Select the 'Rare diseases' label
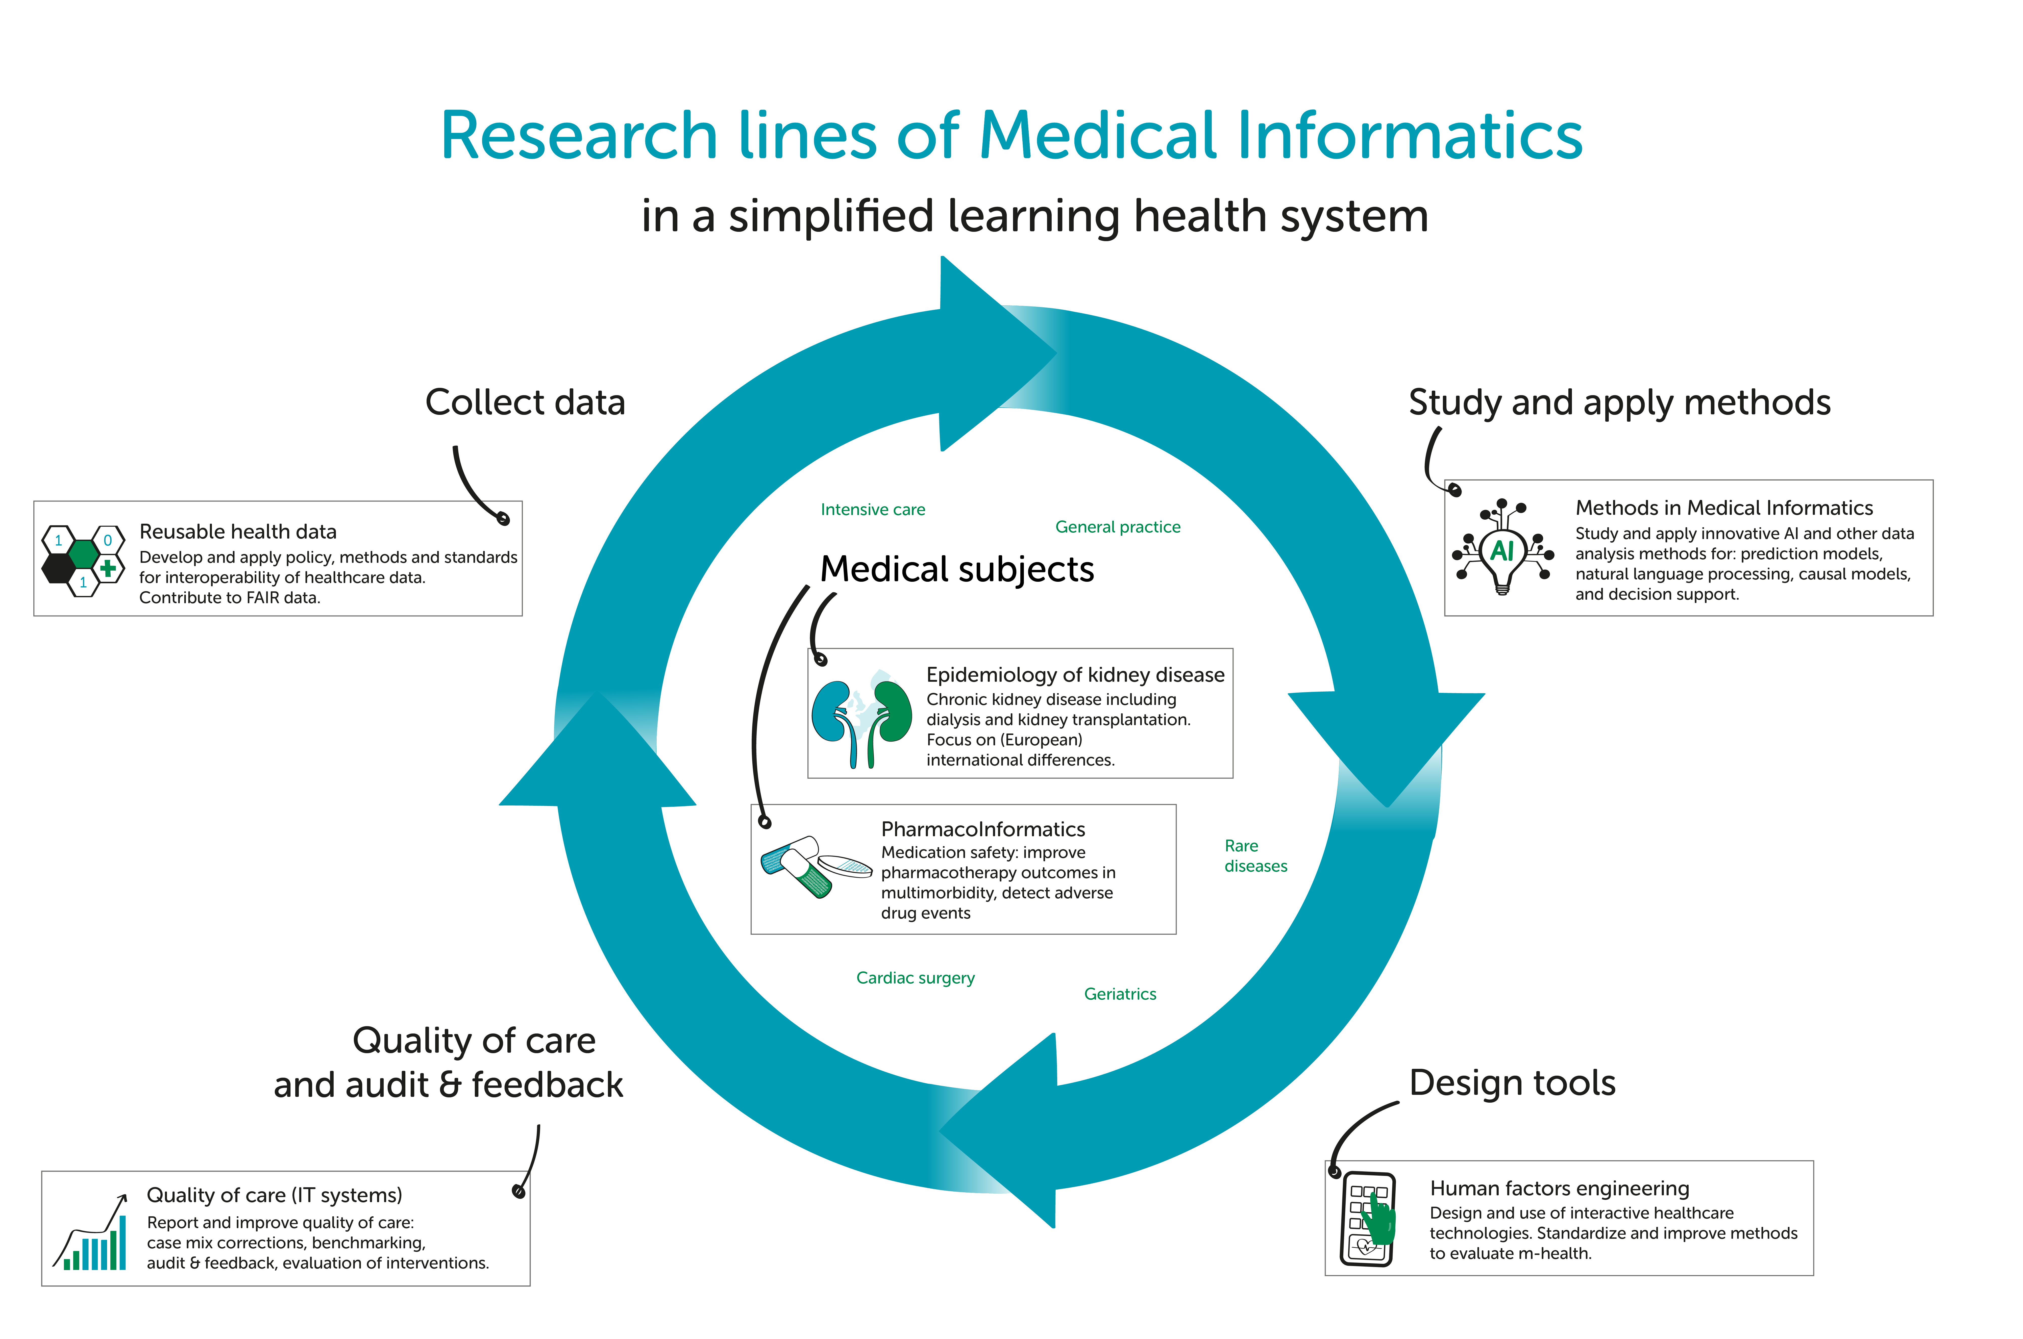tap(1255, 856)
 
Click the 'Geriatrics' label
tap(1120, 994)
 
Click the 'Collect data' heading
tap(525, 402)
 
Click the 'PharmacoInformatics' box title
tap(983, 829)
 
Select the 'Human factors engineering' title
tap(1559, 1189)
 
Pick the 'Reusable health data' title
tap(238, 531)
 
